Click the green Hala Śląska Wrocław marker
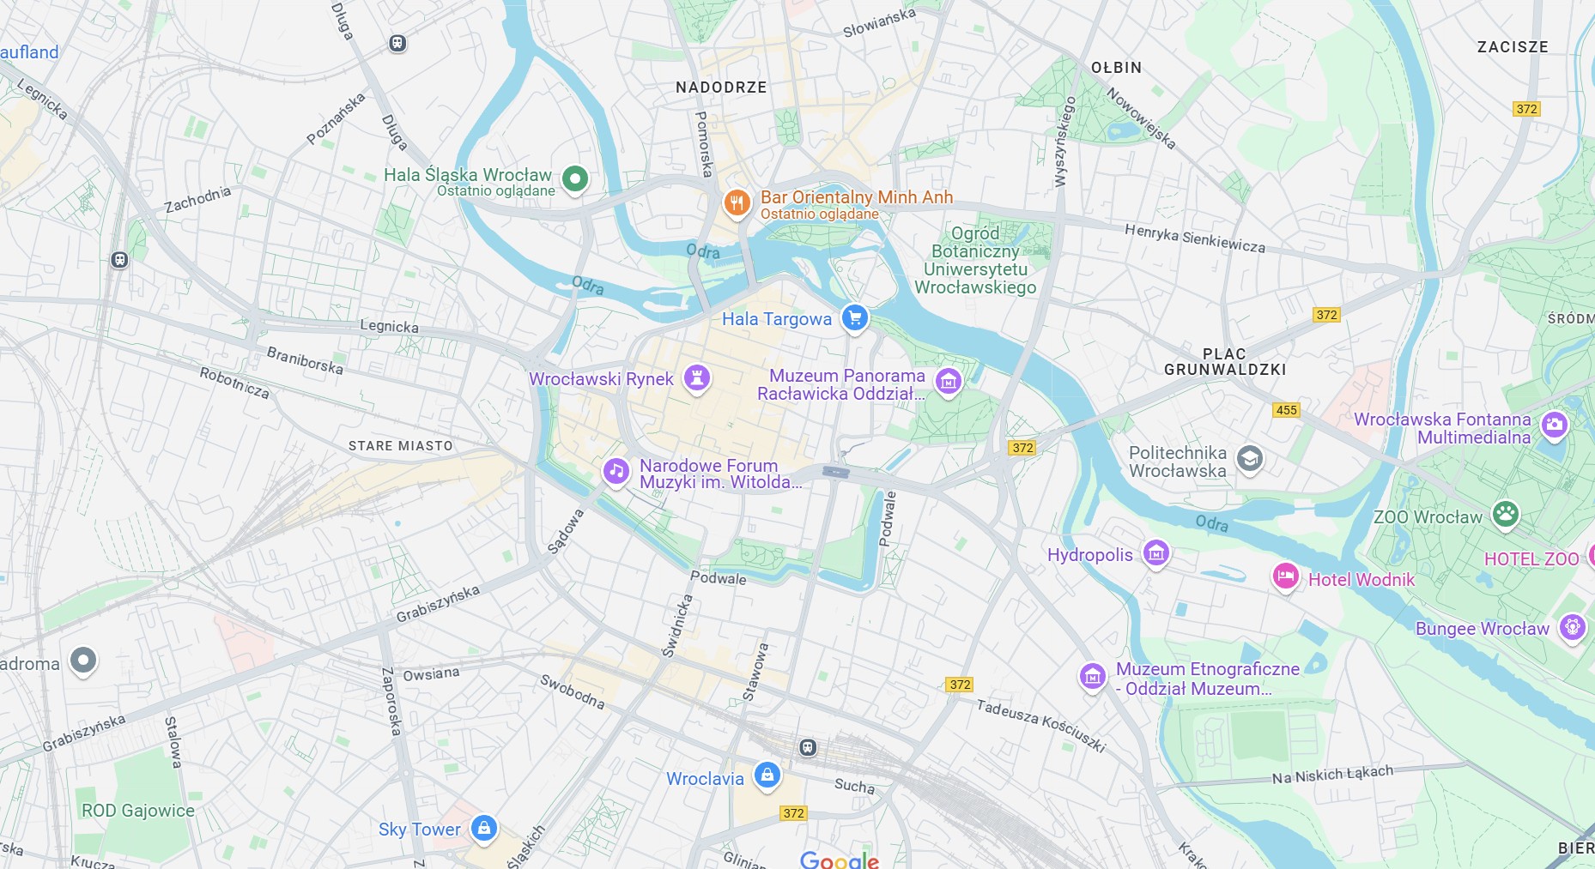575,179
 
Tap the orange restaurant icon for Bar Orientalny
737,203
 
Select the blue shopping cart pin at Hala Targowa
854,318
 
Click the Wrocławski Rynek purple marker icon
697,377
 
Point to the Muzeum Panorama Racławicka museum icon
948,381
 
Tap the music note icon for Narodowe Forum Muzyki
616,470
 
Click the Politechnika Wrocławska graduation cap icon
1250,459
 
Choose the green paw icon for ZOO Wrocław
1506,514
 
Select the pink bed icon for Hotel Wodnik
1285,576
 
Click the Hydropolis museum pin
1156,553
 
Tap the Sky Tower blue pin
484,828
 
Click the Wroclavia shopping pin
767,775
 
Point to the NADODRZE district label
721,88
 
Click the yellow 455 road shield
1286,410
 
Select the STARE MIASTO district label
400,446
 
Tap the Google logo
839,860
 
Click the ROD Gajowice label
137,811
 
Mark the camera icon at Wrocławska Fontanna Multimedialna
1554,424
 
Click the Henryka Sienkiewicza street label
1194,238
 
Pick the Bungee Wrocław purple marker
1572,627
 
